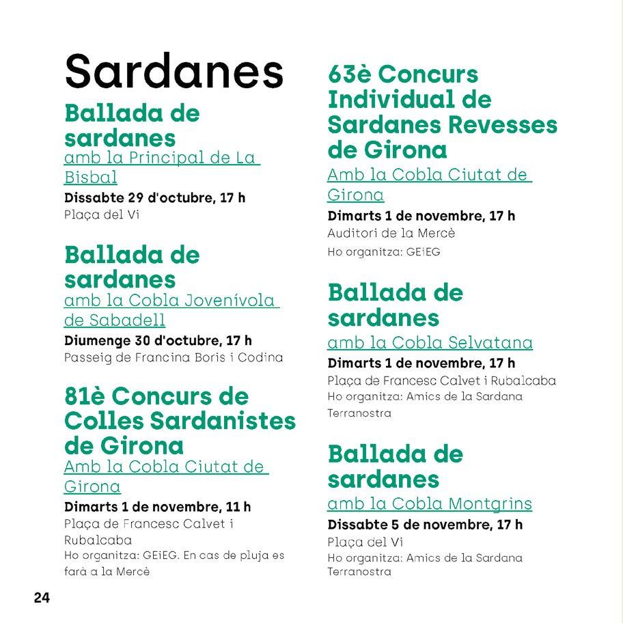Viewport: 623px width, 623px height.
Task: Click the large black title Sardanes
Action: [x=174, y=70]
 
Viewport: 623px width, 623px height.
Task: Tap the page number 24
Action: [x=42, y=598]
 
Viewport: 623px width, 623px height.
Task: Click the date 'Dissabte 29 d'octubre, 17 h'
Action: [x=154, y=199]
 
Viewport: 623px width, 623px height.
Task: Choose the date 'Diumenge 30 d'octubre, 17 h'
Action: [x=158, y=340]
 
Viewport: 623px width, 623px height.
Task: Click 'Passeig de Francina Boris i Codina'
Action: [x=173, y=357]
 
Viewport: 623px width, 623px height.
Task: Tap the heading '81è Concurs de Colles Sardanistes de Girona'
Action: [x=180, y=421]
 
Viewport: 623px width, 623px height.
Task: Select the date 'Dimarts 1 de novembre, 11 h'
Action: [x=157, y=507]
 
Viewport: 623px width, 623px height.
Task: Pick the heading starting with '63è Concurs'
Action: [x=442, y=111]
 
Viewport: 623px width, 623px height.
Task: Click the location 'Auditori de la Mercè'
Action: [x=391, y=233]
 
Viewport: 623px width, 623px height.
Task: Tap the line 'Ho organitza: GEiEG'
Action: [x=384, y=252]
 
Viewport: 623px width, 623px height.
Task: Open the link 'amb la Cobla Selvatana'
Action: [x=430, y=342]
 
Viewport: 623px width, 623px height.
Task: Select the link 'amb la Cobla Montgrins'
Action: [x=429, y=504]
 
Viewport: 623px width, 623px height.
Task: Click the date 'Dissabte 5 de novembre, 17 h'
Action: [x=425, y=525]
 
